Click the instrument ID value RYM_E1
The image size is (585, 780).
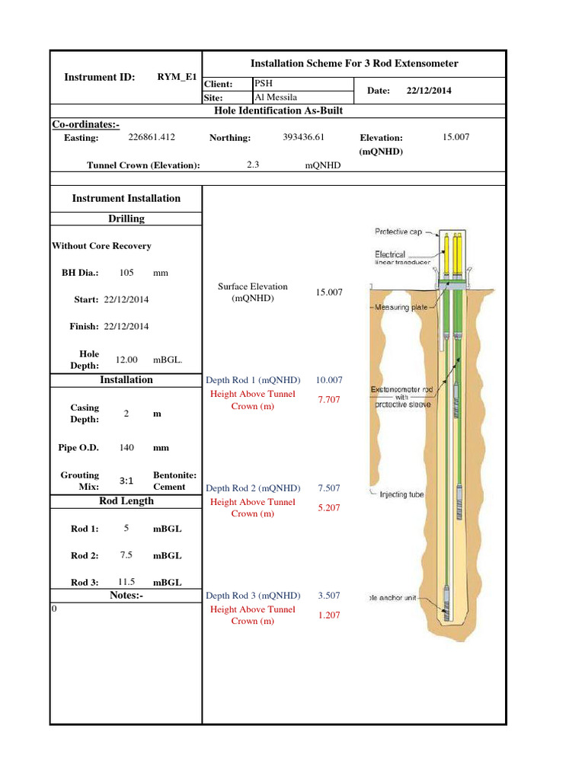click(177, 76)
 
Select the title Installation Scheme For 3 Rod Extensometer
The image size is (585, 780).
click(354, 63)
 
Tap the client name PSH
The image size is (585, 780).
click(264, 84)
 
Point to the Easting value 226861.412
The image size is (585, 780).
click(152, 137)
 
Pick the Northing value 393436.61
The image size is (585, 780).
click(304, 137)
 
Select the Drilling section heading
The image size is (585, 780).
click(126, 219)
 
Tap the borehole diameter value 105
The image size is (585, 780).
click(127, 272)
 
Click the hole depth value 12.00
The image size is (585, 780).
click(126, 359)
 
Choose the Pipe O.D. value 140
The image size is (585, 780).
click(126, 448)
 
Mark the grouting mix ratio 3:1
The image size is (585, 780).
click(127, 481)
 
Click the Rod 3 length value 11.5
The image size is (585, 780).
click(126, 581)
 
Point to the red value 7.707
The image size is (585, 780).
click(329, 399)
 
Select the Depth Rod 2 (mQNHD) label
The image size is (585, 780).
click(253, 488)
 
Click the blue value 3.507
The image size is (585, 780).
click(329, 596)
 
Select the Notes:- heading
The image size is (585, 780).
click(126, 596)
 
